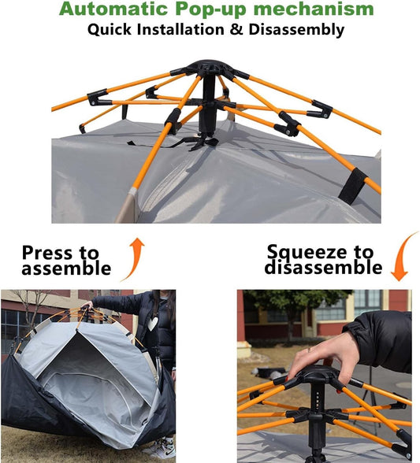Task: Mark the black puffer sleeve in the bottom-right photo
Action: pyautogui.click(x=382, y=339)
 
